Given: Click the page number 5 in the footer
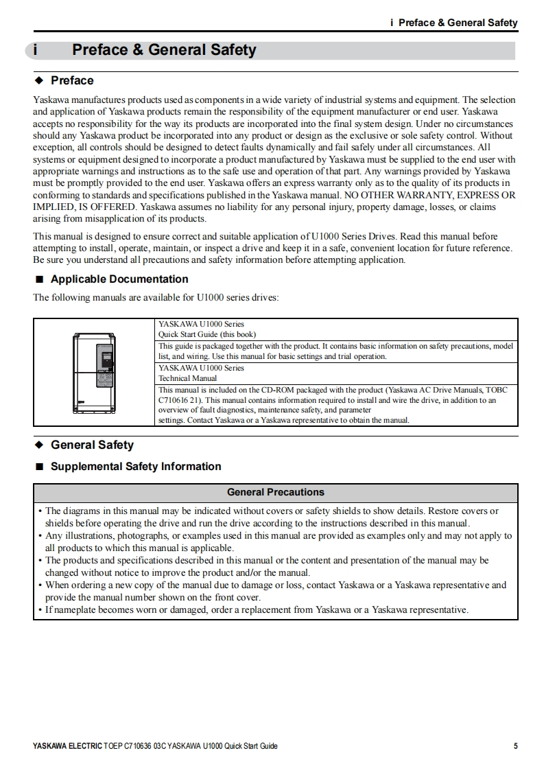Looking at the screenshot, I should coord(515,746).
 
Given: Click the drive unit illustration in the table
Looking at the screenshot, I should coord(95,373).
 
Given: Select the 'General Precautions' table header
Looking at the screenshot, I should coord(275,492).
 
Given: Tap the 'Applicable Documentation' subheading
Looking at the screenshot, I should coord(119,279).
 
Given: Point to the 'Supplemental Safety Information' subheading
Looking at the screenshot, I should coord(136,467).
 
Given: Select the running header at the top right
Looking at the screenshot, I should coord(453,23).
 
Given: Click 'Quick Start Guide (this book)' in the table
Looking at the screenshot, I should coord(206,334).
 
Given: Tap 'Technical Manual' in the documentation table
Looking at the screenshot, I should coord(187,378).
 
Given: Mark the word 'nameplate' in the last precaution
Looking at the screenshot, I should coord(75,610).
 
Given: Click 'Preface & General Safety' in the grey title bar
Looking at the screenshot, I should coord(164,50).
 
